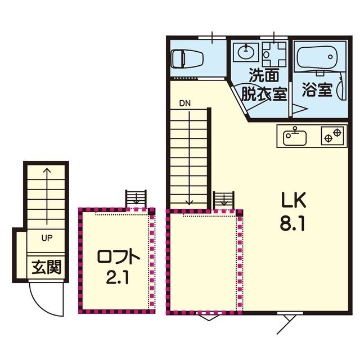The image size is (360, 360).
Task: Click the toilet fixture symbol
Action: (187, 59)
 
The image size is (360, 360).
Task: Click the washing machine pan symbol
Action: (274, 54)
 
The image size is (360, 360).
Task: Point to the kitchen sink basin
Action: (295, 138)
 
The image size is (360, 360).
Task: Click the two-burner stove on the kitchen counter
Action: (334, 136)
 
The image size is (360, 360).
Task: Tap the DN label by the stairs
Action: (185, 103)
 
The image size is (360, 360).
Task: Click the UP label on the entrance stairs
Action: (47, 238)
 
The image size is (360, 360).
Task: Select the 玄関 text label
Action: (47, 268)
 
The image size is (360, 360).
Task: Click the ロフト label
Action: (119, 257)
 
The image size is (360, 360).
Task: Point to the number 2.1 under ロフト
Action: (117, 277)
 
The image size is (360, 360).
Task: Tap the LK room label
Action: (294, 200)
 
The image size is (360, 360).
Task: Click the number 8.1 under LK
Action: (292, 223)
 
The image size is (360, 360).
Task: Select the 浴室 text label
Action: (317, 89)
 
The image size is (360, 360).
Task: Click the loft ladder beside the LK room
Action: (224, 200)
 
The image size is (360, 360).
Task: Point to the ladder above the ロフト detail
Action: (136, 199)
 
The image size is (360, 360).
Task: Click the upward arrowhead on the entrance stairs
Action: (47, 170)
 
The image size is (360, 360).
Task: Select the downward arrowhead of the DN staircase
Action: (189, 202)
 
